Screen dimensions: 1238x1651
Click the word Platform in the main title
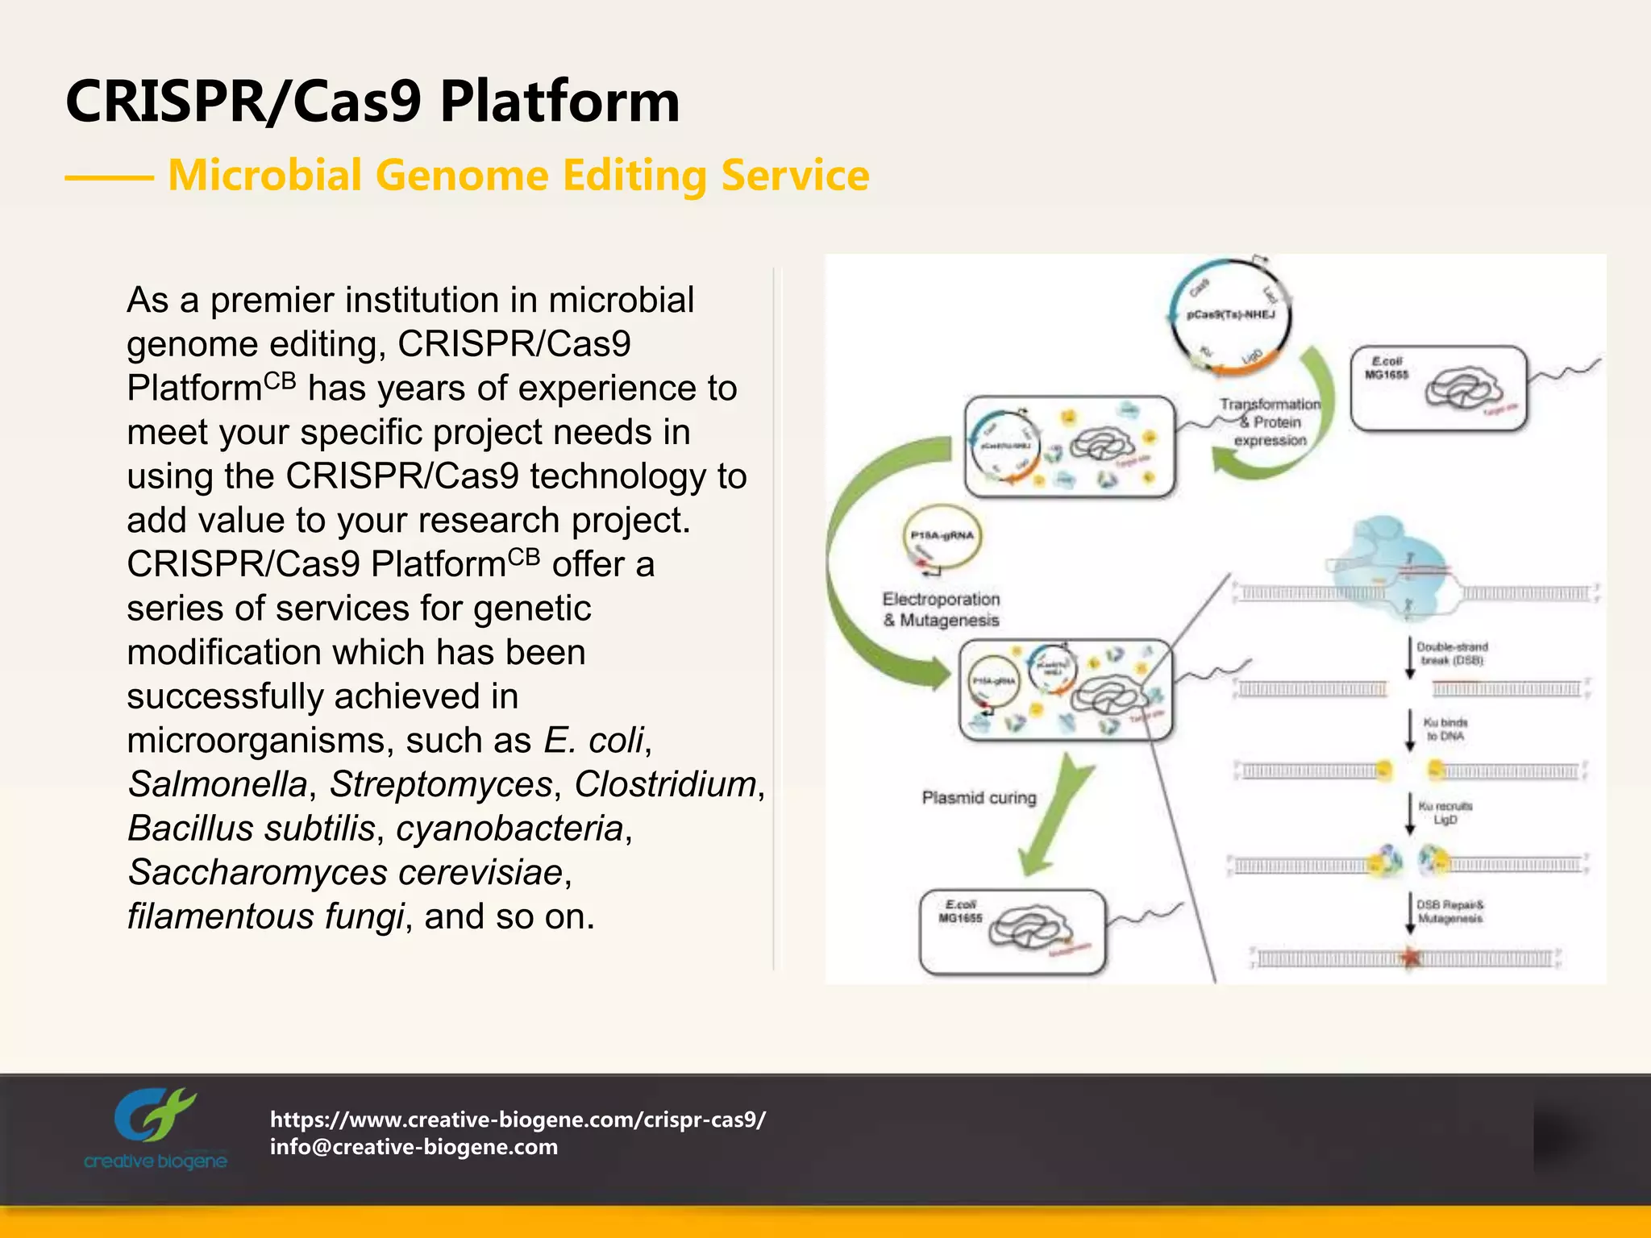click(x=559, y=102)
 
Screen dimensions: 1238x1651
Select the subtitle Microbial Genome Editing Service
click(x=518, y=175)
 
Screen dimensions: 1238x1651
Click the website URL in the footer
click(x=518, y=1119)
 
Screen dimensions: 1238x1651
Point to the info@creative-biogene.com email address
click(x=414, y=1146)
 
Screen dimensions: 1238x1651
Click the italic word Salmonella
click(x=218, y=784)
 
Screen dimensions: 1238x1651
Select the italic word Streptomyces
click(x=441, y=784)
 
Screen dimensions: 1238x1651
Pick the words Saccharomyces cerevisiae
click(x=345, y=872)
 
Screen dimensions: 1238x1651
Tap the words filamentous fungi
click(x=265, y=916)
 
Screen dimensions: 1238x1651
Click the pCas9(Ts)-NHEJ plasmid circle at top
click(x=1230, y=316)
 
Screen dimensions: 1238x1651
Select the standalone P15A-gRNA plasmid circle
click(x=942, y=538)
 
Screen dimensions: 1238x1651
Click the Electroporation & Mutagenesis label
click(x=941, y=609)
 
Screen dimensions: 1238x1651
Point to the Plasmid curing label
click(x=979, y=797)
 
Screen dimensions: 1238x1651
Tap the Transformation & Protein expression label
click(x=1270, y=422)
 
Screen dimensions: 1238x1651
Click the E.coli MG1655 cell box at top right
click(x=1438, y=388)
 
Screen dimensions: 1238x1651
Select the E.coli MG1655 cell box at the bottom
click(x=1013, y=932)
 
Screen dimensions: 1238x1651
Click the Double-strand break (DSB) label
click(x=1452, y=654)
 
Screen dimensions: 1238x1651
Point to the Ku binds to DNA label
click(x=1445, y=729)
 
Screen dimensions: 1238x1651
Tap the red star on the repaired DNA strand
click(x=1410, y=958)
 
